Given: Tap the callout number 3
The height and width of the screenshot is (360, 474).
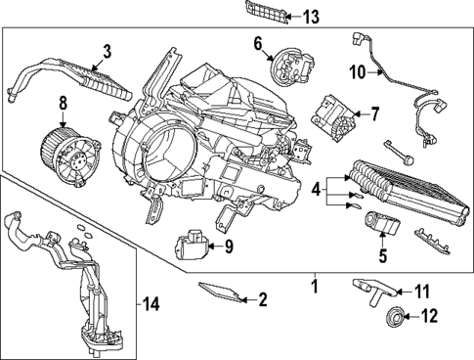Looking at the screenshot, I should (x=107, y=50).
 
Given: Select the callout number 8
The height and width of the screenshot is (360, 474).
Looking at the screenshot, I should (x=62, y=101).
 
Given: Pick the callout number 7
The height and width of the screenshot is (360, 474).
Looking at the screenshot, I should (x=374, y=114).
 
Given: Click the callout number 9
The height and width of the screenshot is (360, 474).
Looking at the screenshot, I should (x=228, y=246).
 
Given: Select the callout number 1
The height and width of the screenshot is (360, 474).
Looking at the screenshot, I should (x=314, y=287).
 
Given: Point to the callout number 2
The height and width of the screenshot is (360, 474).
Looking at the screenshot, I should (x=262, y=299).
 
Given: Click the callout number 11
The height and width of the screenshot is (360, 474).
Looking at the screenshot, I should (x=422, y=291).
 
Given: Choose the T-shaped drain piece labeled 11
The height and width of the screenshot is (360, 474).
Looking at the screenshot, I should (x=370, y=287).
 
